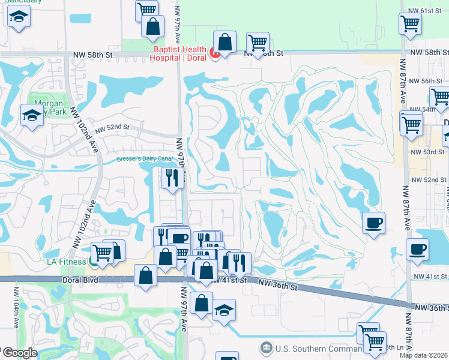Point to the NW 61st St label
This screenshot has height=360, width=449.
click(x=427, y=11)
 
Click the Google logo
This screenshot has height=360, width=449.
click(x=19, y=353)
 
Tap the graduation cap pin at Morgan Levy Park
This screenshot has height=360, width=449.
click(x=32, y=116)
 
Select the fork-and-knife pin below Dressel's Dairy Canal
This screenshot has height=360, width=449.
click(x=172, y=178)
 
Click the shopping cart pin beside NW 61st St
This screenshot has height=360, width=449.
click(x=411, y=25)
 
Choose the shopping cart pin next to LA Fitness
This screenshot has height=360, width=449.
click(x=103, y=253)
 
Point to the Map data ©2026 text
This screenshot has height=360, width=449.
click(x=424, y=355)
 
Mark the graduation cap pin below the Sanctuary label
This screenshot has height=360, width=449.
click(x=20, y=18)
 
